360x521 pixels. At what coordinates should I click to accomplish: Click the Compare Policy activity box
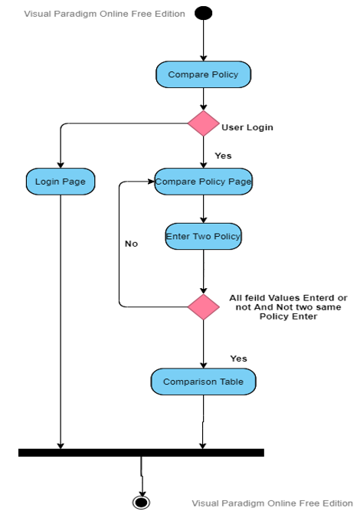point(203,74)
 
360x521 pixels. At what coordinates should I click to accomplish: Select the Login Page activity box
point(61,182)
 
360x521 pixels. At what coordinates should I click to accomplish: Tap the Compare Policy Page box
point(203,182)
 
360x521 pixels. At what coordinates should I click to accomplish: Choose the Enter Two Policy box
point(203,236)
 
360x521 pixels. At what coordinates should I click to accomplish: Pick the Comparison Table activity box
point(203,382)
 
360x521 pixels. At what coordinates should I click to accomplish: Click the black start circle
point(203,13)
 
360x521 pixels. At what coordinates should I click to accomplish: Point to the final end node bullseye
point(141,502)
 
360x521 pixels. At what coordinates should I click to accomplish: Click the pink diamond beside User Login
point(203,123)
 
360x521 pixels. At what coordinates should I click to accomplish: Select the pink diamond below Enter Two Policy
point(203,307)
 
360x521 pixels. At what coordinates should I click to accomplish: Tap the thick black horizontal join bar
point(141,453)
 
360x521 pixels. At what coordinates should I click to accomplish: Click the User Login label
point(247,127)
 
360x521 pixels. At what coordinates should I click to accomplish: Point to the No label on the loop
point(131,244)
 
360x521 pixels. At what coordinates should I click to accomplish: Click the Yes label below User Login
point(223,156)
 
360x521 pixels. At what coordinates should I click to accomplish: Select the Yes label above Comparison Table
point(238,359)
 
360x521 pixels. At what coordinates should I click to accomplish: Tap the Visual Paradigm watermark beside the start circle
point(104,14)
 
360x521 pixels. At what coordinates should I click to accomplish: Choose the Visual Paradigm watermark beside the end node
point(273,503)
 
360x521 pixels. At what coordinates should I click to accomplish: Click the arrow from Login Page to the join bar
point(61,322)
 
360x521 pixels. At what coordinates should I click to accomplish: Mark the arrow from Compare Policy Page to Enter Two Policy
point(203,209)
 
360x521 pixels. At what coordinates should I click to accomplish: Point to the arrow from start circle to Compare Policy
point(203,41)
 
